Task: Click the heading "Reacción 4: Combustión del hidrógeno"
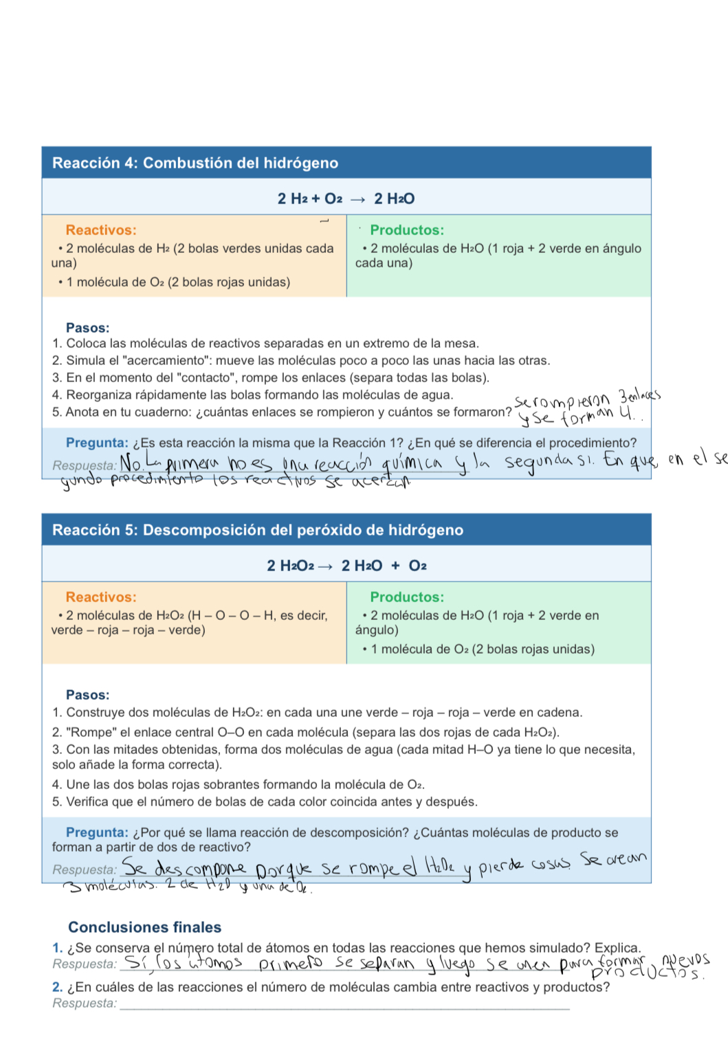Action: pos(195,163)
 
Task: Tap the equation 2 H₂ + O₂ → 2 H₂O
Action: pos(346,199)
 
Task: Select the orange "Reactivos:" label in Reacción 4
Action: pos(101,230)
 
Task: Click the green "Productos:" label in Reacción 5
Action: pos(407,597)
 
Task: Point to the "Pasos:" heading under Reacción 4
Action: pos(87,328)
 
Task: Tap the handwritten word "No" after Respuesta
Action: pos(131,464)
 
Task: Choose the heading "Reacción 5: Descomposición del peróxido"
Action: pos(258,530)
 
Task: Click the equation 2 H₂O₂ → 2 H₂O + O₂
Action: pos(346,566)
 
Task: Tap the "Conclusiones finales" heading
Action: pos(144,927)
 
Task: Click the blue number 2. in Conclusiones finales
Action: pos(58,987)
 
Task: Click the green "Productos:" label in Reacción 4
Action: pos(407,230)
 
